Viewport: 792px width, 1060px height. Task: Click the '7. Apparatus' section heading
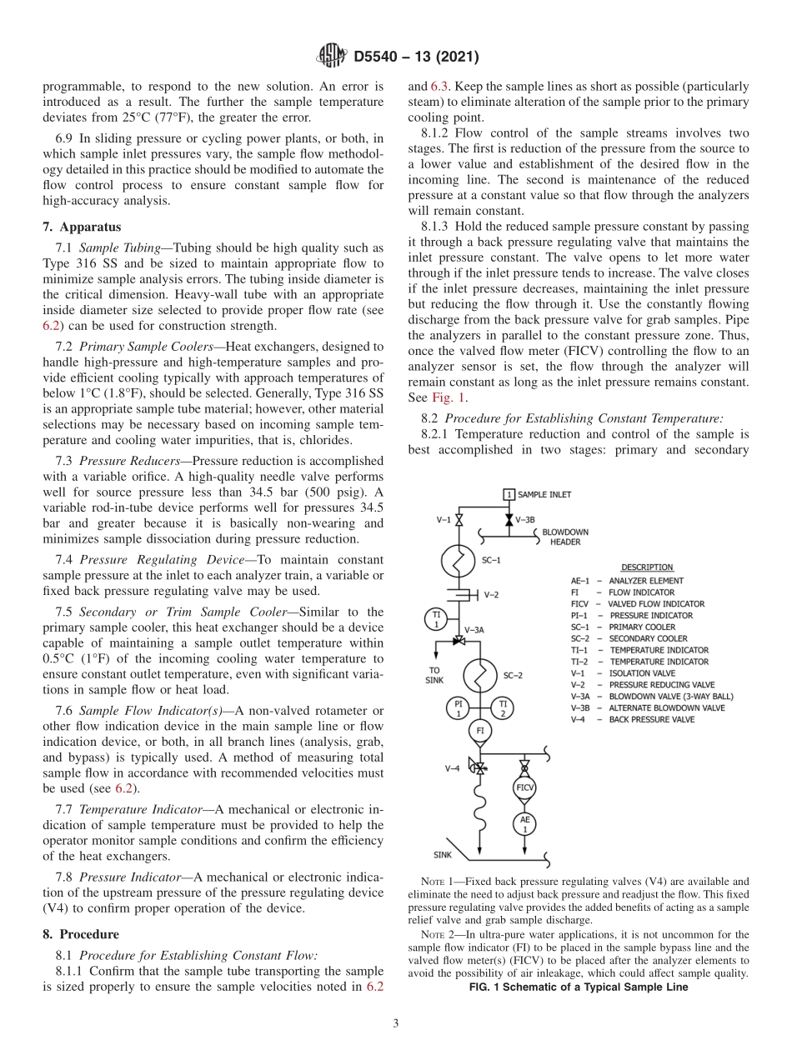[82, 227]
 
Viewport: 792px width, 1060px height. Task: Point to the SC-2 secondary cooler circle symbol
[479, 677]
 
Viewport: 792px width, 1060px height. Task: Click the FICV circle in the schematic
[524, 787]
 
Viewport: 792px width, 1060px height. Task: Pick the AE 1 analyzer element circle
[524, 823]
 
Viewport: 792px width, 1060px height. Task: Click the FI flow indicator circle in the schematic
[479, 732]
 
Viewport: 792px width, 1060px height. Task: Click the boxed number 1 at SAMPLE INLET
[509, 495]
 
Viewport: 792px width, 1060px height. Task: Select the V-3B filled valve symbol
[509, 520]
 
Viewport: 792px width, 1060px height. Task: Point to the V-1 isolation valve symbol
[458, 520]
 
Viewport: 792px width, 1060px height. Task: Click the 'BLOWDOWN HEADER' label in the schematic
[564, 537]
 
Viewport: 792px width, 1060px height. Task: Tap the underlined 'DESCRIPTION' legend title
[647, 567]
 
